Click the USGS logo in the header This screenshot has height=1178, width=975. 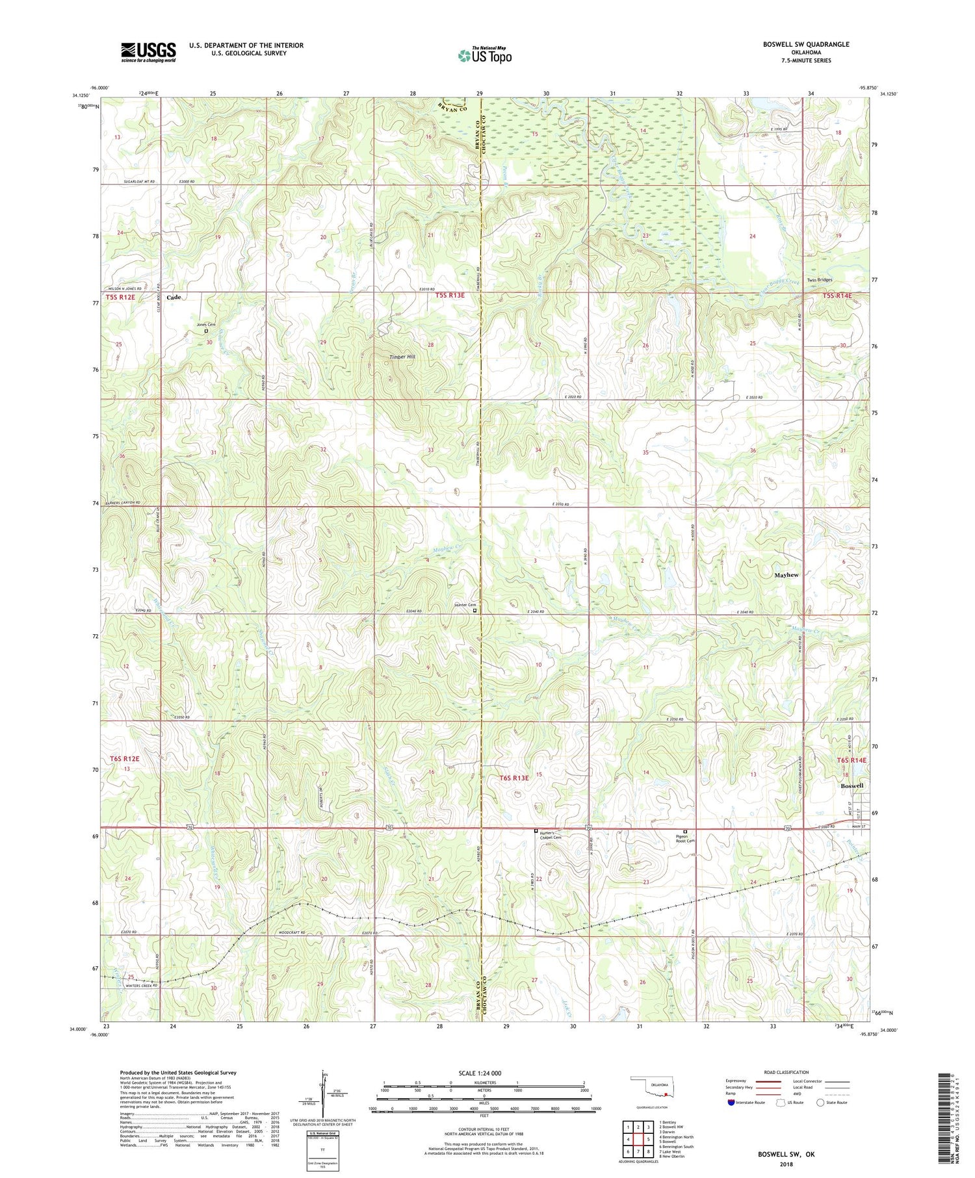click(148, 52)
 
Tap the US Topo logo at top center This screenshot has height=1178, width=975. click(484, 55)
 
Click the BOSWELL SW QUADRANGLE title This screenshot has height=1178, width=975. click(806, 44)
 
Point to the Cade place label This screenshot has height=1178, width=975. click(174, 297)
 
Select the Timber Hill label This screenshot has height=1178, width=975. click(402, 357)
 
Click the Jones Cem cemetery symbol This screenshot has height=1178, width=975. click(206, 331)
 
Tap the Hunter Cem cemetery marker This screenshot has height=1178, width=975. click(474, 611)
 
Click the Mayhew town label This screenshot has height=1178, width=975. click(786, 575)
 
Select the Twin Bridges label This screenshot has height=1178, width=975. click(819, 280)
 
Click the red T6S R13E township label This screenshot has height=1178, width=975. click(514, 778)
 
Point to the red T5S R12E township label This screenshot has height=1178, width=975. click(122, 297)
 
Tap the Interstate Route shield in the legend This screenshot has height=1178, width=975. click(731, 1103)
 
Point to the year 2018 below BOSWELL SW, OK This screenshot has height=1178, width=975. click(785, 1164)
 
